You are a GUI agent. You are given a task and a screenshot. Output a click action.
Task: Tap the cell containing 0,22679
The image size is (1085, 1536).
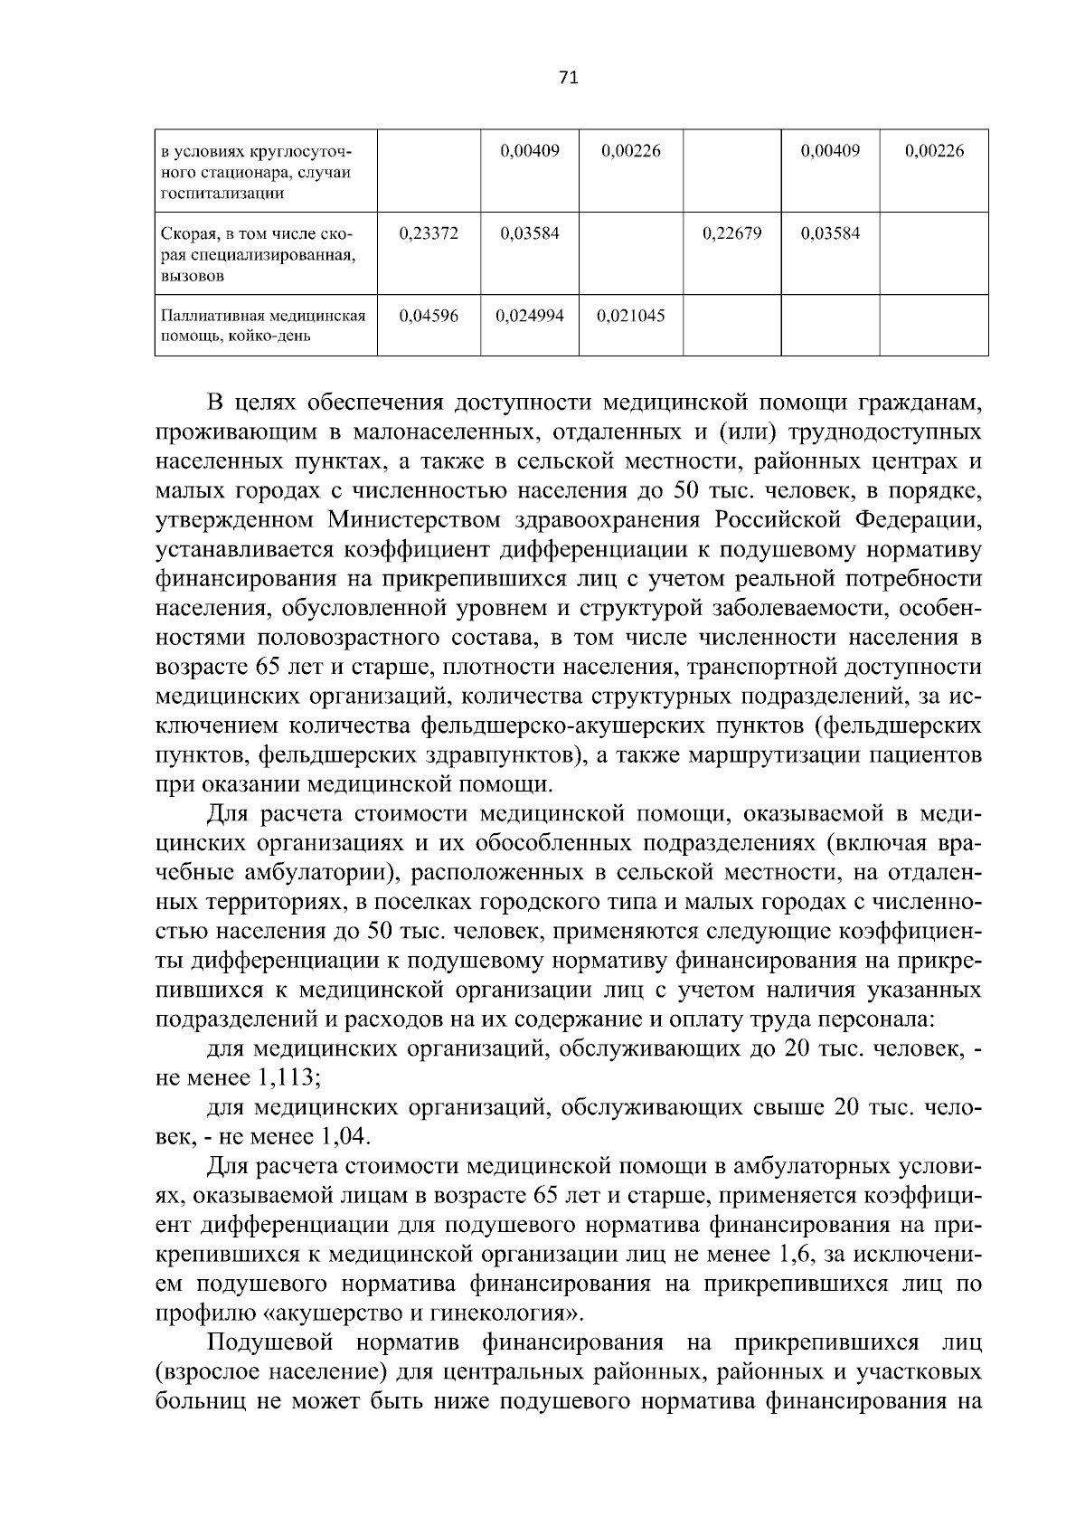tap(731, 233)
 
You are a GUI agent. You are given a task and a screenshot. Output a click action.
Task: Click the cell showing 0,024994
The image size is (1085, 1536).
tap(530, 316)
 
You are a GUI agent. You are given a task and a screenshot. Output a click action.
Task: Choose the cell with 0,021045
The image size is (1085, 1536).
tap(631, 316)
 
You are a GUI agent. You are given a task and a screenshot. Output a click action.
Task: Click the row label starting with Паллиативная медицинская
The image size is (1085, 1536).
tap(263, 326)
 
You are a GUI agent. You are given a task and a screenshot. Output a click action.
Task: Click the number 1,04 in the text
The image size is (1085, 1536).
tap(343, 1136)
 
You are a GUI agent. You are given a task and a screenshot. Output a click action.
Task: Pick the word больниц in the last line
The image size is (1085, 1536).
tap(196, 1401)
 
